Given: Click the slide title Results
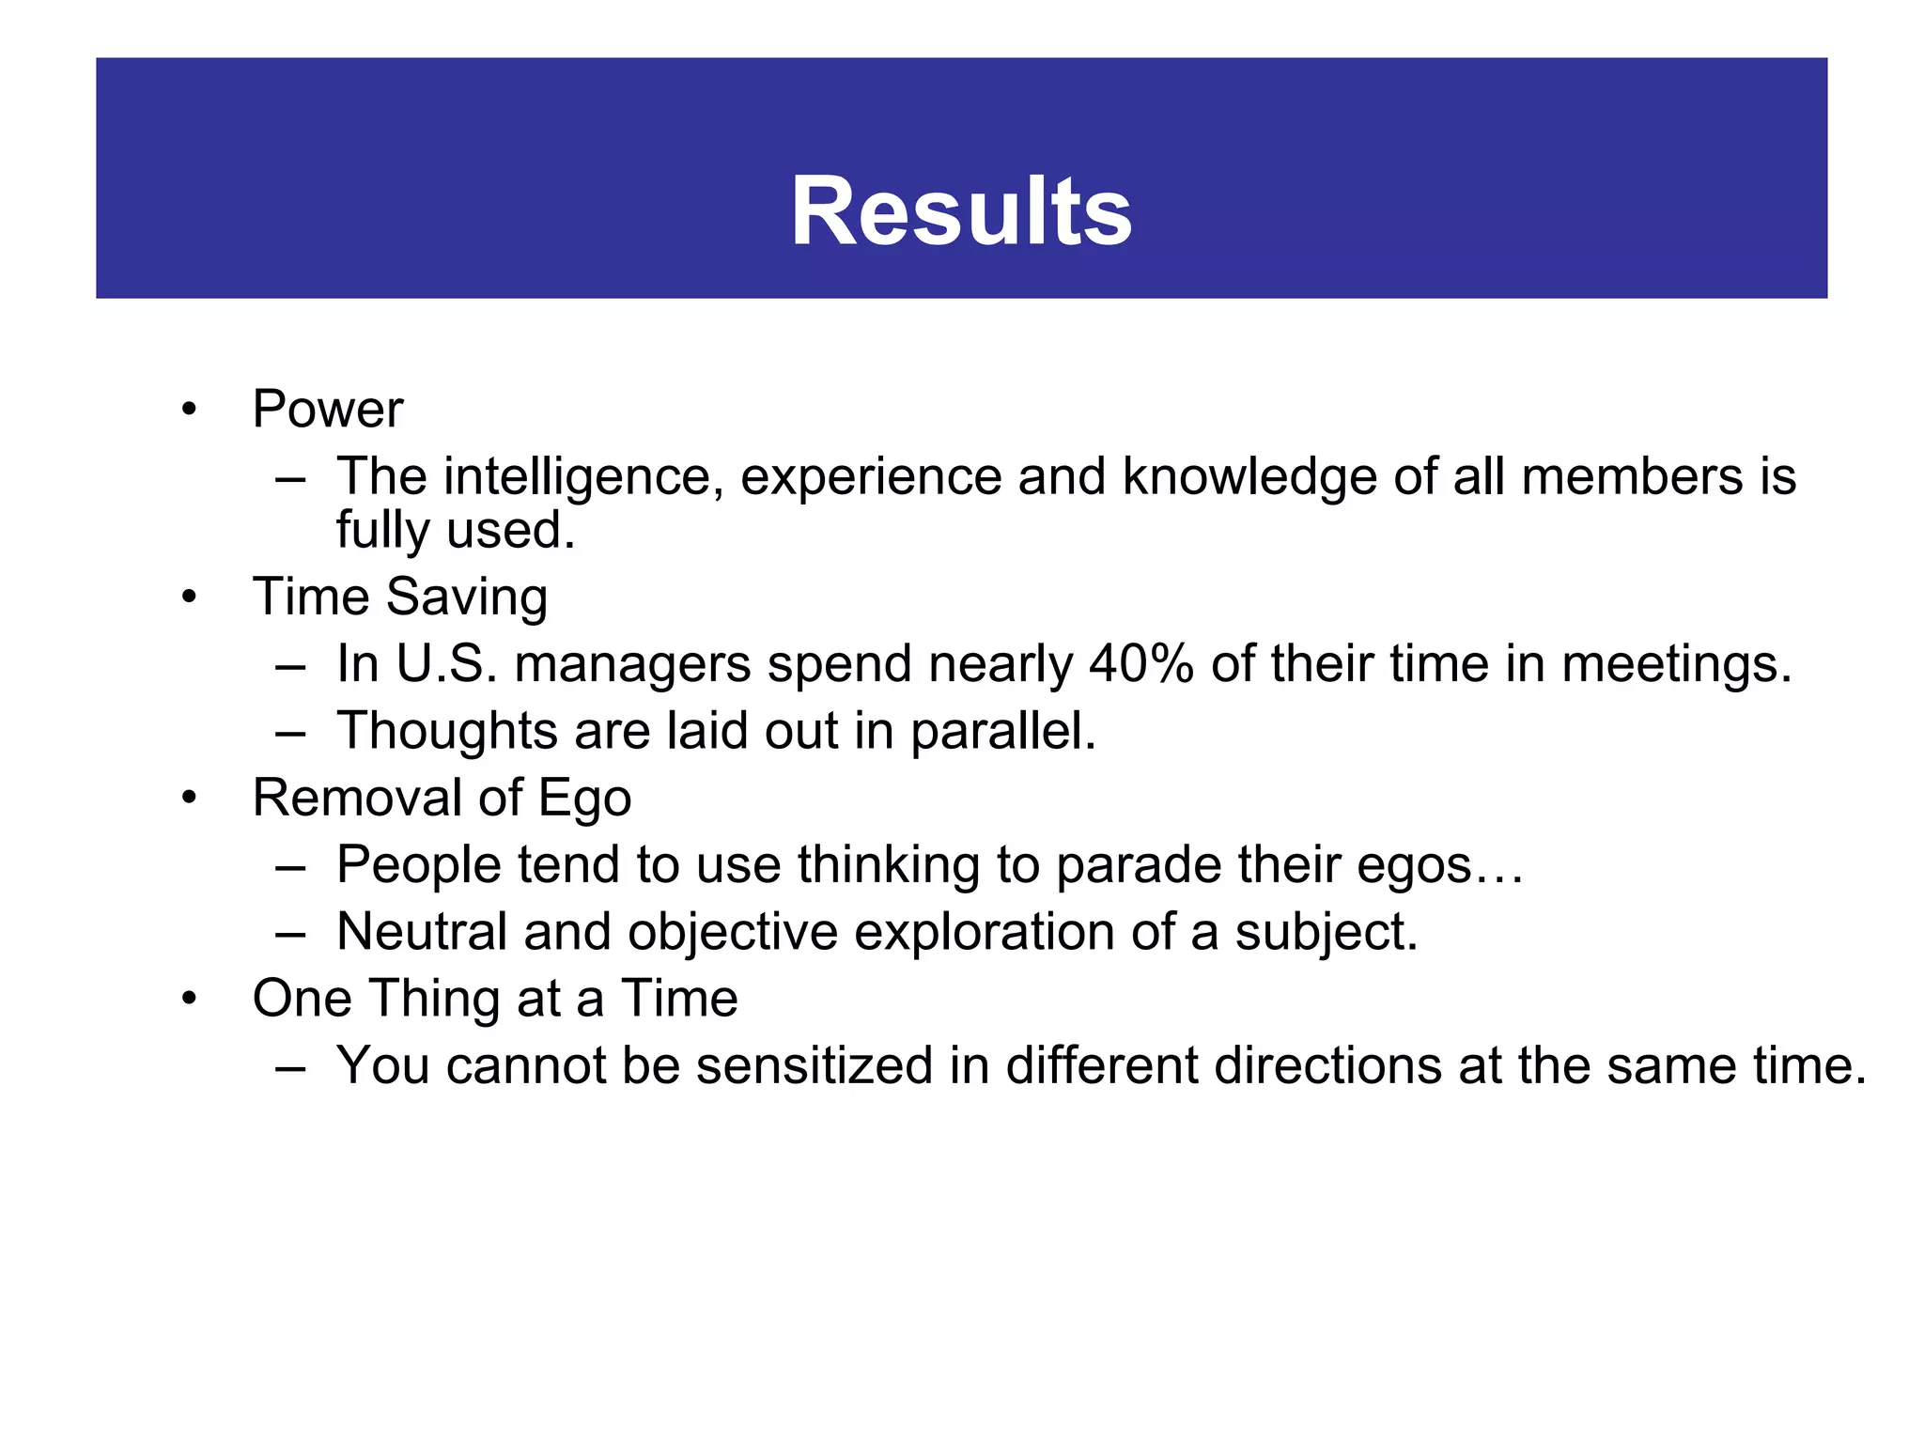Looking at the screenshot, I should [961, 212].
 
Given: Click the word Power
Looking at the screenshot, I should [327, 410].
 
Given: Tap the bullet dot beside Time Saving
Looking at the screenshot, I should [190, 597].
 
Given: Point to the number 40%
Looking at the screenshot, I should [1141, 664].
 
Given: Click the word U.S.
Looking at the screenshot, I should [446, 664].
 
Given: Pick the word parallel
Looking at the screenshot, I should [1002, 732].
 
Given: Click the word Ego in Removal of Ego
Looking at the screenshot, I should [583, 799].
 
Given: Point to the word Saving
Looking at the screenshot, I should [467, 597].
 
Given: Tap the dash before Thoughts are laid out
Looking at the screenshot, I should [290, 733].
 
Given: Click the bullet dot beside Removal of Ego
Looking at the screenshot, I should [190, 799].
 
